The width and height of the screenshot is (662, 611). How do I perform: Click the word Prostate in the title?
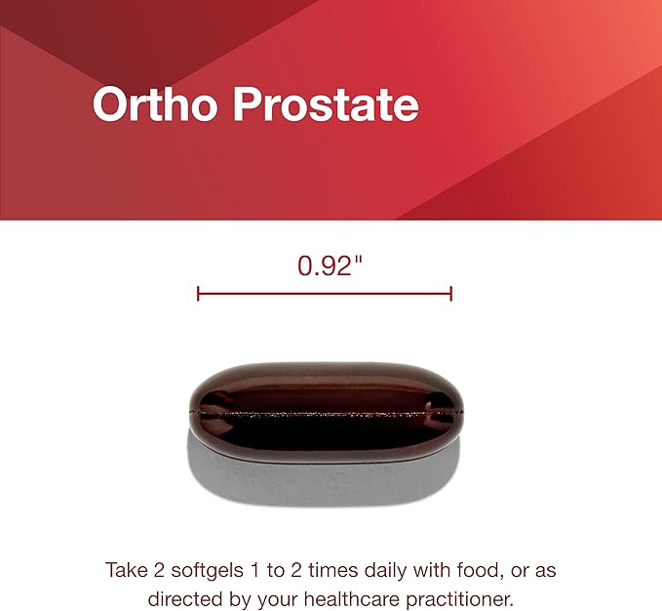click(326, 105)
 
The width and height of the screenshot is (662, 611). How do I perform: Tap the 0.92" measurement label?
click(324, 265)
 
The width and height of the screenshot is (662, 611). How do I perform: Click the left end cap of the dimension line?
click(198, 293)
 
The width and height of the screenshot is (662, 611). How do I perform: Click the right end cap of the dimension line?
click(451, 293)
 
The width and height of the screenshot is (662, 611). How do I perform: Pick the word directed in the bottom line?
click(181, 595)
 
